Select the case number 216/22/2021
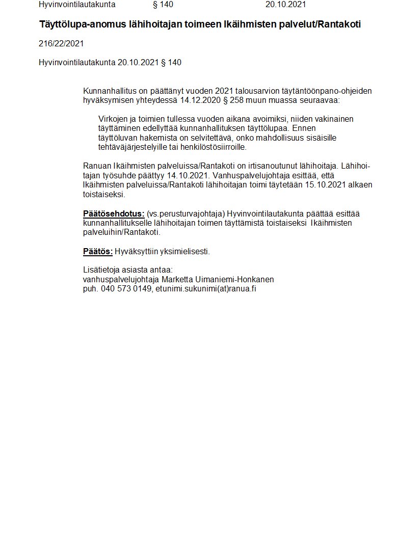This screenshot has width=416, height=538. (x=61, y=44)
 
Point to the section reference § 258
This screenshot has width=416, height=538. (x=233, y=100)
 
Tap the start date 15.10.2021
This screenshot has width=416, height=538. (x=325, y=184)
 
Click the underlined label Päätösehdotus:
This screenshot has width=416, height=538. (x=114, y=213)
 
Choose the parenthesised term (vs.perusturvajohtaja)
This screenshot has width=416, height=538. (x=186, y=213)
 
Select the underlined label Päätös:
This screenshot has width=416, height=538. (x=98, y=251)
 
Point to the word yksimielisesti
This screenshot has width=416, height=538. (x=187, y=251)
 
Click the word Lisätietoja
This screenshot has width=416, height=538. (x=100, y=270)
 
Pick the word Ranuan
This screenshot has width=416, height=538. (x=96, y=166)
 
